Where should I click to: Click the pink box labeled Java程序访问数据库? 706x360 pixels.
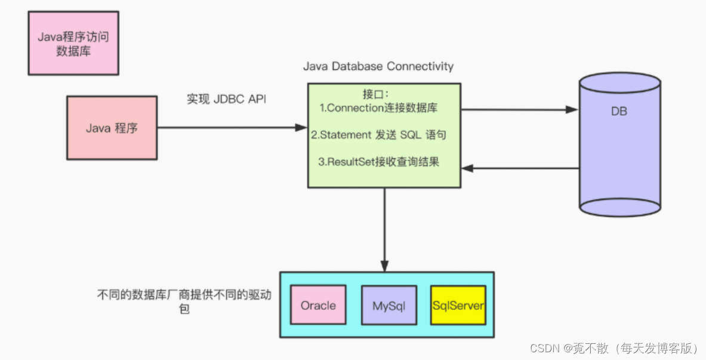click(x=73, y=44)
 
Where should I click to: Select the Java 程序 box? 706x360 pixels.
click(x=112, y=128)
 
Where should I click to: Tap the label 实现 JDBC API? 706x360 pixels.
click(x=226, y=99)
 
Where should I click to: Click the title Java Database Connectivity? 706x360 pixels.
click(x=378, y=66)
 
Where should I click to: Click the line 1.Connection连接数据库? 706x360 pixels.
click(x=383, y=108)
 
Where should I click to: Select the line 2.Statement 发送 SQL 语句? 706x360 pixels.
click(x=378, y=135)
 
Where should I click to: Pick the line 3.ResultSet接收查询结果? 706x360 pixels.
click(x=378, y=162)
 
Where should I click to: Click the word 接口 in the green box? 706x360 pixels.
click(x=375, y=94)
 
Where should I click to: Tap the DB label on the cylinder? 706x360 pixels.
click(x=619, y=111)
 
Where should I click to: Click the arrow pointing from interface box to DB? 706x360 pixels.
click(x=519, y=110)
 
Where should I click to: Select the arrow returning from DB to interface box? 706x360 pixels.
click(x=519, y=168)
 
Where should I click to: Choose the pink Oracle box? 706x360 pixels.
click(x=318, y=306)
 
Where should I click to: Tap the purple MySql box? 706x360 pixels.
click(x=389, y=306)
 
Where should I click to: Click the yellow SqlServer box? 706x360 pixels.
click(x=458, y=306)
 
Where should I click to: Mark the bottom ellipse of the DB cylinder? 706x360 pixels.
click(x=620, y=207)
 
